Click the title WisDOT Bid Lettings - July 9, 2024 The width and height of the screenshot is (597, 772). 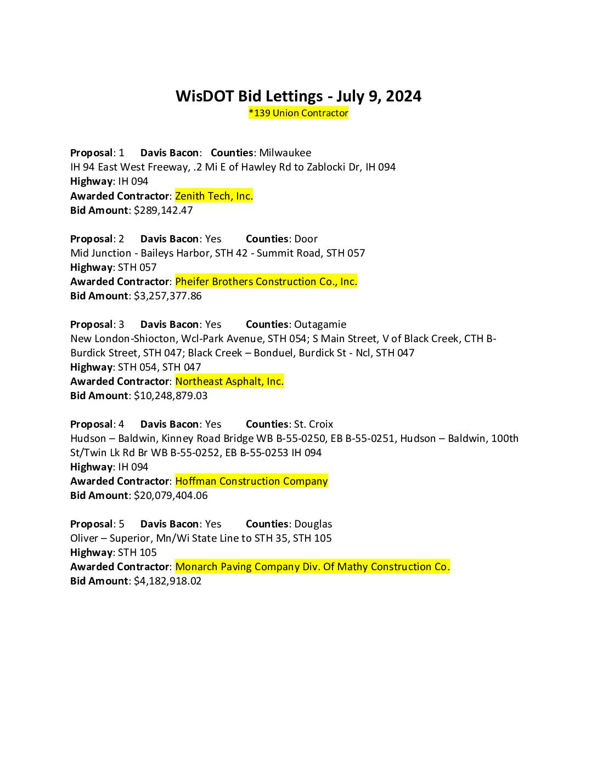point(298,96)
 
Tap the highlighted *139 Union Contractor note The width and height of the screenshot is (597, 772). point(298,113)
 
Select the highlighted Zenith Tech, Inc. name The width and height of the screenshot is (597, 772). point(214,196)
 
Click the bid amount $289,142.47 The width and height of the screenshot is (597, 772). point(163,210)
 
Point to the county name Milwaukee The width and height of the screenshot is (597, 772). point(285,152)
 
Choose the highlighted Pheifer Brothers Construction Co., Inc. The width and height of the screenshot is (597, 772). point(266,281)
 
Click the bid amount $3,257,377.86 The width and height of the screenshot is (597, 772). point(167,296)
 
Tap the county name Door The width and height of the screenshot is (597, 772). point(306,239)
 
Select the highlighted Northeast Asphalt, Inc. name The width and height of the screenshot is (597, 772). point(229,381)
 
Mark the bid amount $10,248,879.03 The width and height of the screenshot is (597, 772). point(171,395)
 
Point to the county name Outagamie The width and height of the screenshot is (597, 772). point(320,324)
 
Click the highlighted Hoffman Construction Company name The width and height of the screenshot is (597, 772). point(251,481)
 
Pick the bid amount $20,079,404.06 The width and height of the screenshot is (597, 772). point(171,495)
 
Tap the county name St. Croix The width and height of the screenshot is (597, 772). point(313,424)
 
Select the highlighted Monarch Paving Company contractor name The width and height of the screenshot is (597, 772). point(312,566)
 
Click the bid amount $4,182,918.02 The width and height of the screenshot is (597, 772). point(167,581)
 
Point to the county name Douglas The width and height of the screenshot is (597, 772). point(313,524)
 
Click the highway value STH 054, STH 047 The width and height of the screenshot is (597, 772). point(159,367)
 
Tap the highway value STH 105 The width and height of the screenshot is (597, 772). point(137,552)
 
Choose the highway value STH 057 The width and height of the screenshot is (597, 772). point(137,267)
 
